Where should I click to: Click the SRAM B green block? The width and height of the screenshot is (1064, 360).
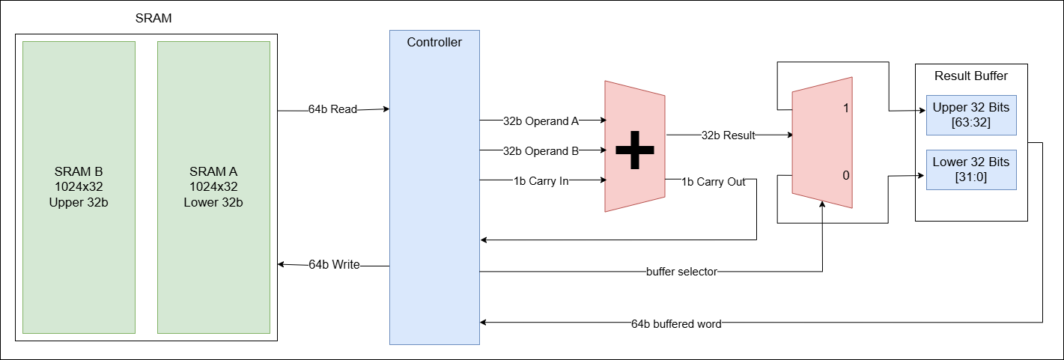pyautogui.click(x=79, y=187)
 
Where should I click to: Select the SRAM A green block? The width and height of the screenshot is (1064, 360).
pyautogui.click(x=213, y=187)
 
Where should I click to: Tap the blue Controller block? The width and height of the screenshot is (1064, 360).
pyautogui.click(x=434, y=187)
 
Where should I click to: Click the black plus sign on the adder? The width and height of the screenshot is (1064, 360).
pyautogui.click(x=635, y=150)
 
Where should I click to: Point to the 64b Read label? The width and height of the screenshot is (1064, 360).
pyautogui.click(x=332, y=109)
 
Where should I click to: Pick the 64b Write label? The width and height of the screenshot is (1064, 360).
pyautogui.click(x=334, y=264)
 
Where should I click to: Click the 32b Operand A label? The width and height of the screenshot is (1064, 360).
pyautogui.click(x=540, y=120)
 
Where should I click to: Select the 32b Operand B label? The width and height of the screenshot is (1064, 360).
pyautogui.click(x=540, y=150)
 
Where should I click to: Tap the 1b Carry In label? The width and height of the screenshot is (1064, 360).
pyautogui.click(x=541, y=180)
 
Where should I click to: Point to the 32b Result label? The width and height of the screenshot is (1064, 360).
pyautogui.click(x=728, y=135)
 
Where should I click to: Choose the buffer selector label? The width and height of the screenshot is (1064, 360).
pyautogui.click(x=681, y=272)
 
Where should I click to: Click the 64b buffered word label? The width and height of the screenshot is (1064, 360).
pyautogui.click(x=676, y=324)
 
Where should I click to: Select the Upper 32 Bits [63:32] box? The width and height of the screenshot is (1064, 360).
pyautogui.click(x=970, y=115)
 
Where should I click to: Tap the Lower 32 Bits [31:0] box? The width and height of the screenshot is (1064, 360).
pyautogui.click(x=970, y=170)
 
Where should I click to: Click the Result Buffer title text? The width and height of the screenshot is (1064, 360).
pyautogui.click(x=970, y=76)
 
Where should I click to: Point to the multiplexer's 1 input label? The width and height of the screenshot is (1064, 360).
pyautogui.click(x=845, y=109)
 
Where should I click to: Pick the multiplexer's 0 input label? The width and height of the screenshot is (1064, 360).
pyautogui.click(x=845, y=176)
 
